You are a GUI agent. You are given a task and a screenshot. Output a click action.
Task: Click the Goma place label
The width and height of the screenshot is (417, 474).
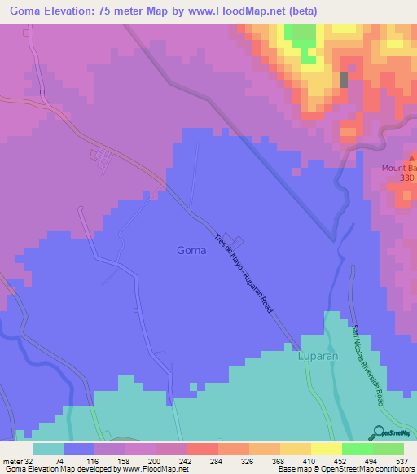[191, 251]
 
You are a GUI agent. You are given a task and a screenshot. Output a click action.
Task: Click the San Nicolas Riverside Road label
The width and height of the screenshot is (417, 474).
[368, 366]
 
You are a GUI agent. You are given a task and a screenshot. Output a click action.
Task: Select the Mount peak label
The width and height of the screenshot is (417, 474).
[398, 169]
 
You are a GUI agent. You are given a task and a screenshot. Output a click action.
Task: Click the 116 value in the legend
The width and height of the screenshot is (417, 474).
[94, 460]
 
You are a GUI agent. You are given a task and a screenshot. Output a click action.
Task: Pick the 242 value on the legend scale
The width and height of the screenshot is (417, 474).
[197, 460]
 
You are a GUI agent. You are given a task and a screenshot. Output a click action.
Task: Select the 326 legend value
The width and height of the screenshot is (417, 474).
[266, 460]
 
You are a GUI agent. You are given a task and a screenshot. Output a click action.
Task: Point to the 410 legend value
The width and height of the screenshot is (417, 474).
[334, 460]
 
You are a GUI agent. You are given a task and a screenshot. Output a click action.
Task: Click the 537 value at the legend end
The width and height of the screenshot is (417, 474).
[402, 460]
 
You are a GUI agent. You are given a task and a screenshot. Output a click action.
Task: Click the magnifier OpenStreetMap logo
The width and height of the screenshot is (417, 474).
[380, 433]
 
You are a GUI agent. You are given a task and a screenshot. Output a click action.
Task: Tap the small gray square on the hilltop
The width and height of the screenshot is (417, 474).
[343, 79]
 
